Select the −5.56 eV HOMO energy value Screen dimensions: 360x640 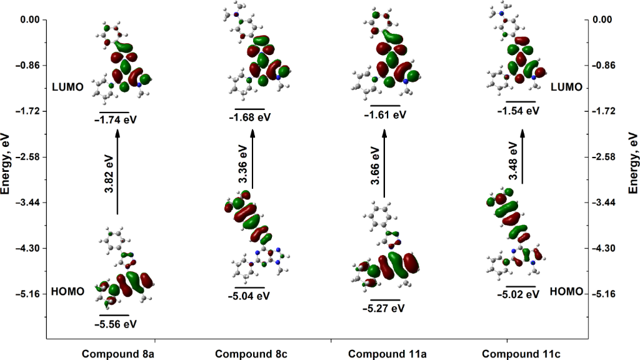click(115, 324)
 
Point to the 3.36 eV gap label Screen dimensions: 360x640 click(243, 164)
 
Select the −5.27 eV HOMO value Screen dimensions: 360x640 click(383, 308)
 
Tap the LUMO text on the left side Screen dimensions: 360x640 click(67, 87)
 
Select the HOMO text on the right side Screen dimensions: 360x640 click(567, 291)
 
